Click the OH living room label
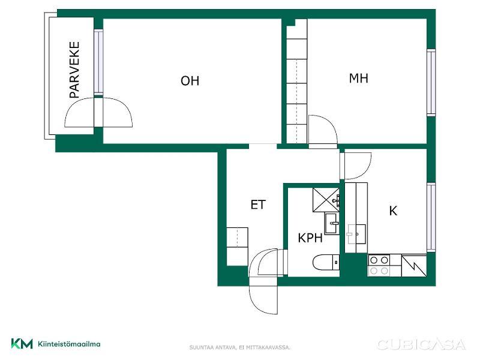190,81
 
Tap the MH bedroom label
358,79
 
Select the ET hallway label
258,205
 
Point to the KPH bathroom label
310,238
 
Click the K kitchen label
393,211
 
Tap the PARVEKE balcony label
74,70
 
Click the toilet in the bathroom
326,263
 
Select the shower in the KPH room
326,200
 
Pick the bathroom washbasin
332,224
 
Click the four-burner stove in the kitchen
379,265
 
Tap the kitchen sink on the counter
356,234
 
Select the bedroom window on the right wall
431,83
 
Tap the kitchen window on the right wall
431,217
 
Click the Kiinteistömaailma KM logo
56,344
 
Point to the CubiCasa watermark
422,344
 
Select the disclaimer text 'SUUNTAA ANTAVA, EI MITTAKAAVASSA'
239,347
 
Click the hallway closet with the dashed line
237,237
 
